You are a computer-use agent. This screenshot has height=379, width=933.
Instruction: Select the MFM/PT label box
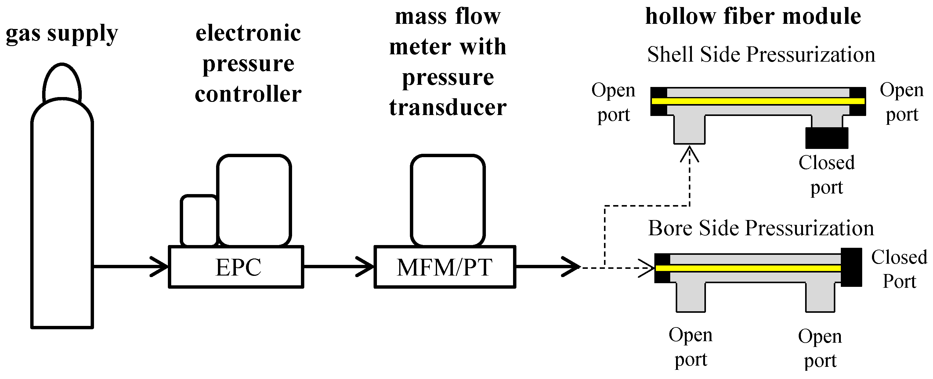(x=444, y=267)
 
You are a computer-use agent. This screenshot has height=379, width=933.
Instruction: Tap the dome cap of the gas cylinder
(x=62, y=82)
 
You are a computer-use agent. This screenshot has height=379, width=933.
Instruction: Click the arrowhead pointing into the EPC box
(x=159, y=267)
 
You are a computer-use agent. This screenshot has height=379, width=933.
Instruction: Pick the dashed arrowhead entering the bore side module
(x=646, y=268)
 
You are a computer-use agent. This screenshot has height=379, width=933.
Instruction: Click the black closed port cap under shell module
(x=827, y=138)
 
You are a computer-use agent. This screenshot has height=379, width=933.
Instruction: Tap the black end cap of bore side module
(x=851, y=267)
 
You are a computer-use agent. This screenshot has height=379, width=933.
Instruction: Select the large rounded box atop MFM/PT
(x=448, y=200)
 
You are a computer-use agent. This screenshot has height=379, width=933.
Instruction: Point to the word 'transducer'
(x=448, y=107)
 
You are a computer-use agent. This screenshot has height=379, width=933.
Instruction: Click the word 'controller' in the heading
(x=248, y=94)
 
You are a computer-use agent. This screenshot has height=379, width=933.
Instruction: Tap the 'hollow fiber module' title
(x=753, y=17)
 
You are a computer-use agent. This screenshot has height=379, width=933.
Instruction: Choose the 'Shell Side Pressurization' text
(x=761, y=55)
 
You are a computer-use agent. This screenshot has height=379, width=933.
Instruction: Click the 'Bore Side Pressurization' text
(x=761, y=228)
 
